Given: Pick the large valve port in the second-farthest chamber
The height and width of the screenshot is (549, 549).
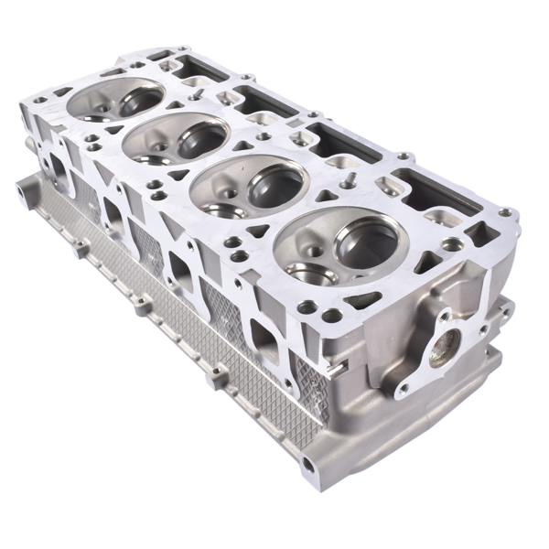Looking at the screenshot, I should point(202,138).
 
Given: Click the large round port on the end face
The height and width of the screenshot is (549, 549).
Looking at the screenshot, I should point(446,346).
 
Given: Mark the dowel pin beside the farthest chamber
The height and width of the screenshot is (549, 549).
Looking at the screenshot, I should point(195,91).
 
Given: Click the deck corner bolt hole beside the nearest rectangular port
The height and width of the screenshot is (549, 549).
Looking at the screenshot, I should point(501,216).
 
